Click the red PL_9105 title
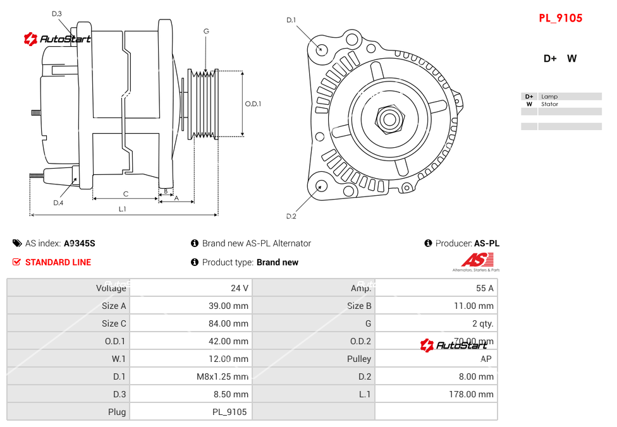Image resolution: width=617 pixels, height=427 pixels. (x=560, y=18)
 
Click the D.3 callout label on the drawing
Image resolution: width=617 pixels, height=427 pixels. (x=57, y=13)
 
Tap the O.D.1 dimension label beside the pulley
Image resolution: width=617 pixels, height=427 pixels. (x=253, y=104)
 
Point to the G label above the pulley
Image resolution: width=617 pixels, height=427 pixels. (x=206, y=31)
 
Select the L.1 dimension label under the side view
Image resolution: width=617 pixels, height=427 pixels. (x=123, y=208)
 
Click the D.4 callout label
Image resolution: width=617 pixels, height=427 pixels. (x=58, y=203)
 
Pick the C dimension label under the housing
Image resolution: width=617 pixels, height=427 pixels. (x=126, y=194)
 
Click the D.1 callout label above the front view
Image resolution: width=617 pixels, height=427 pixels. (x=291, y=20)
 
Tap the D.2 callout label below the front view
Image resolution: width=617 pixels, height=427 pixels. (x=291, y=216)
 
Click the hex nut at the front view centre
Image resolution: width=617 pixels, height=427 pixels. (x=389, y=118)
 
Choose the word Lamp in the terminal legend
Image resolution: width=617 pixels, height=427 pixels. (x=549, y=97)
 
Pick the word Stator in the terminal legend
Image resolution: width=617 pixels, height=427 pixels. (x=549, y=104)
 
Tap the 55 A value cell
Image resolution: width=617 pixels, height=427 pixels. (x=484, y=288)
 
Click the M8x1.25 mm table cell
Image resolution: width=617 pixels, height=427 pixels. (x=223, y=376)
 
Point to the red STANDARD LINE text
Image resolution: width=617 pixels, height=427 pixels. (x=58, y=262)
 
